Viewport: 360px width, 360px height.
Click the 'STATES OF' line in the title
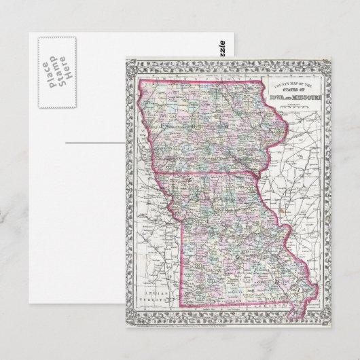pyautogui.click(x=291, y=90)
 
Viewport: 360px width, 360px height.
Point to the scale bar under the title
pyautogui.click(x=291, y=105)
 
